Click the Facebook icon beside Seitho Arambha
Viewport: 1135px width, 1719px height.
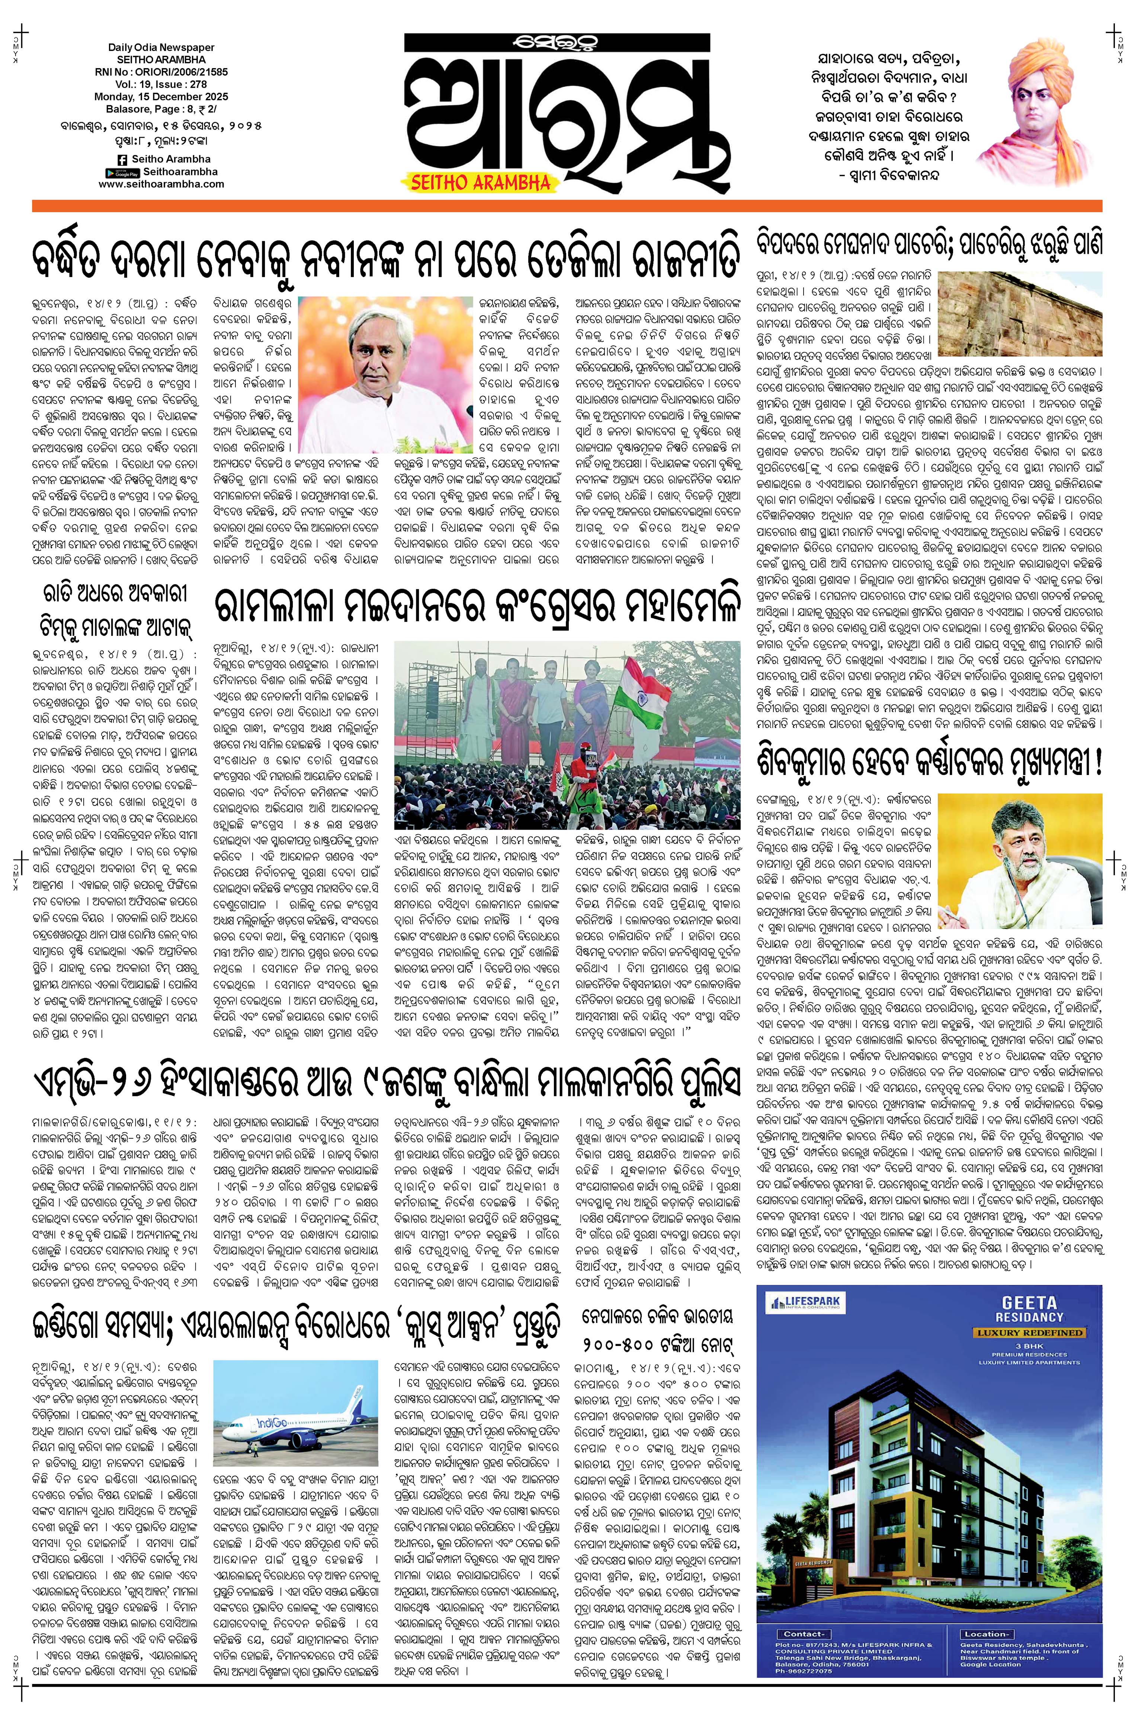pos(120,159)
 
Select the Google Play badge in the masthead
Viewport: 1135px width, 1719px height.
pos(122,172)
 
